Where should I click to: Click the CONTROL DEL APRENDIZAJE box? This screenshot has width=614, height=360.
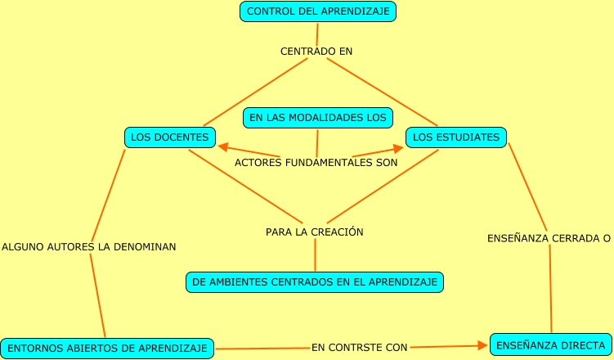click(x=318, y=11)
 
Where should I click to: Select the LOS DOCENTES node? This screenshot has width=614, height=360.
click(x=170, y=137)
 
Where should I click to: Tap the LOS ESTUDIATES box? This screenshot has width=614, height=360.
click(x=455, y=137)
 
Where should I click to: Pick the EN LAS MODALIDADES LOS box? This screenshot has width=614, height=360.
click(x=317, y=118)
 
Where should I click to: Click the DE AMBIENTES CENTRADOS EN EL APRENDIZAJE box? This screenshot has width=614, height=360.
click(x=315, y=282)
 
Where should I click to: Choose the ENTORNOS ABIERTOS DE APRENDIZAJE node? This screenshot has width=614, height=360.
click(x=107, y=348)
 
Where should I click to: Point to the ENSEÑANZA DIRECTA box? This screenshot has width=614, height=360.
click(x=549, y=345)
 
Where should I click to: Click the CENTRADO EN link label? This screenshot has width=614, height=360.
click(x=316, y=51)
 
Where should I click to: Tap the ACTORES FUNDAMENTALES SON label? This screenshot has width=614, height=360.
click(x=316, y=162)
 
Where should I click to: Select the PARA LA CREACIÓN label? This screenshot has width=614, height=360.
click(x=315, y=232)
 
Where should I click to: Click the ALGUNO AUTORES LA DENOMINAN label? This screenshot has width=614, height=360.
click(x=89, y=245)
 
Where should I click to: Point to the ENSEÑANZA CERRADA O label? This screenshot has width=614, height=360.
click(x=549, y=238)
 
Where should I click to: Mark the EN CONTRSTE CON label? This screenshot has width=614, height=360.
click(x=359, y=347)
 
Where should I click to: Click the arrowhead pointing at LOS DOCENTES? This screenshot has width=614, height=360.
click(x=222, y=147)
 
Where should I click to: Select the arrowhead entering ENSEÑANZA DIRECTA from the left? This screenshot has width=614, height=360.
click(x=484, y=346)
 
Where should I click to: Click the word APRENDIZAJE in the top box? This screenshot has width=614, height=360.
click(x=360, y=11)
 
